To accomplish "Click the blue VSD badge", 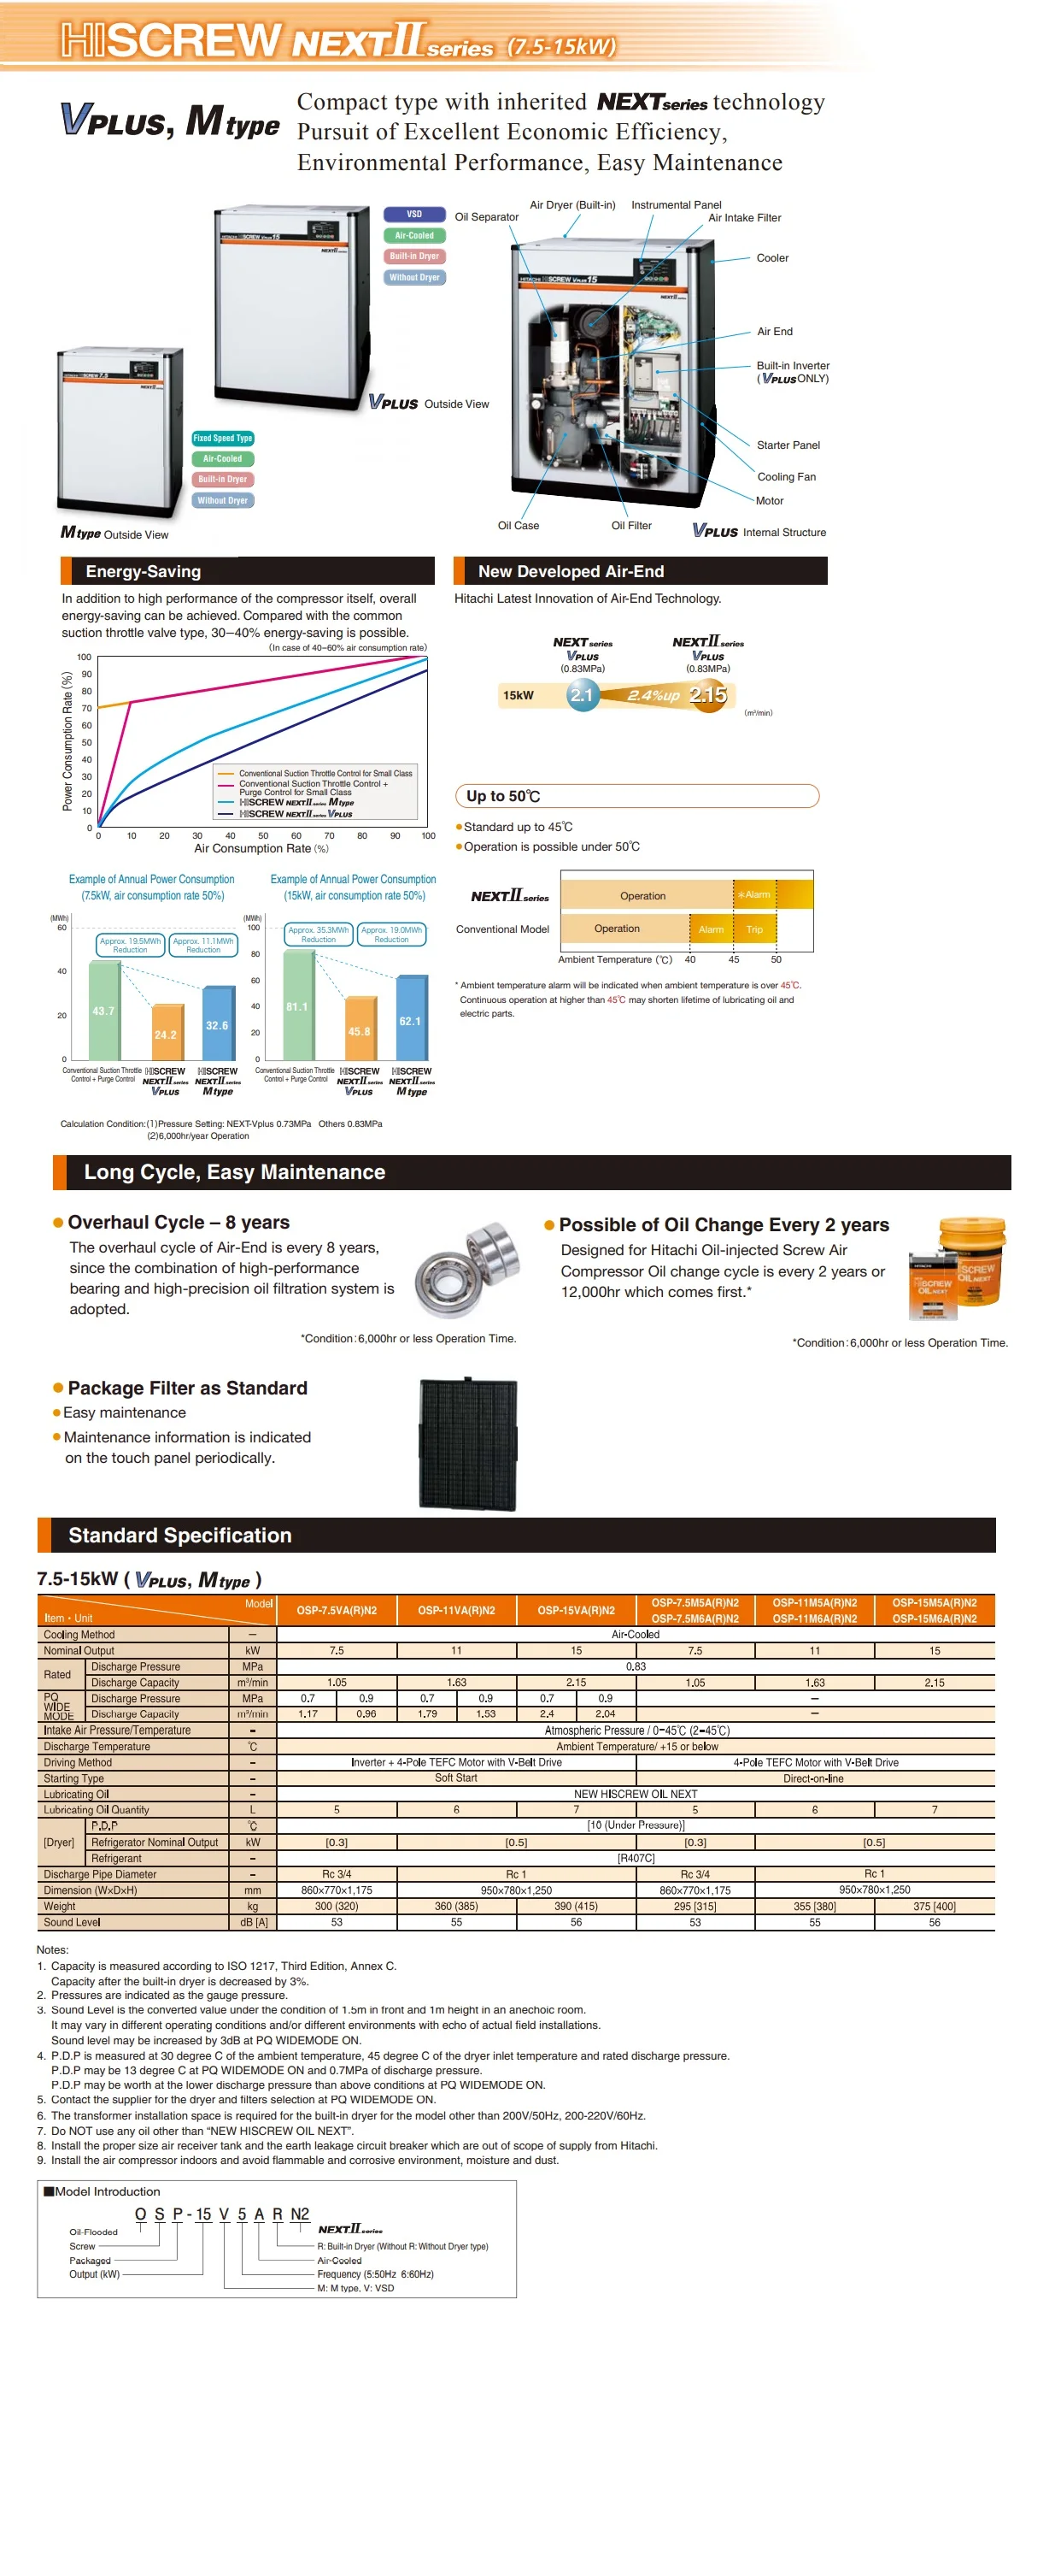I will pyautogui.click(x=414, y=214).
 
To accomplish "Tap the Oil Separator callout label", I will pyautogui.click(x=487, y=217).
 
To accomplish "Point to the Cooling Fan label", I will pyautogui.click(x=786, y=477).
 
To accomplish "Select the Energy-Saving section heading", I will pyautogui.click(x=144, y=571).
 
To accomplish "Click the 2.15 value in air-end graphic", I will pyautogui.click(x=707, y=695).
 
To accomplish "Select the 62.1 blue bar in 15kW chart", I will pyautogui.click(x=410, y=1021).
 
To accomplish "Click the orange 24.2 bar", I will pyautogui.click(x=167, y=1034).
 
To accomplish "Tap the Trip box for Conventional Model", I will pyautogui.click(x=754, y=929).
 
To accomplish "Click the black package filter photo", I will pyautogui.click(x=468, y=1444).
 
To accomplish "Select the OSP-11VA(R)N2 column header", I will pyautogui.click(x=456, y=1610).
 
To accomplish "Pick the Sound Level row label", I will pyautogui.click(x=72, y=1922).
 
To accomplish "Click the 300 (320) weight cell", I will pyautogui.click(x=337, y=1906).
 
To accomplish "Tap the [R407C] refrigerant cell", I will pyautogui.click(x=635, y=1858).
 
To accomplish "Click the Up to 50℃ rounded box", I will pyautogui.click(x=637, y=796).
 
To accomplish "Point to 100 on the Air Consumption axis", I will pyautogui.click(x=428, y=835).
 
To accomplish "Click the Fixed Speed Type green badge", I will pyautogui.click(x=223, y=438).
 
